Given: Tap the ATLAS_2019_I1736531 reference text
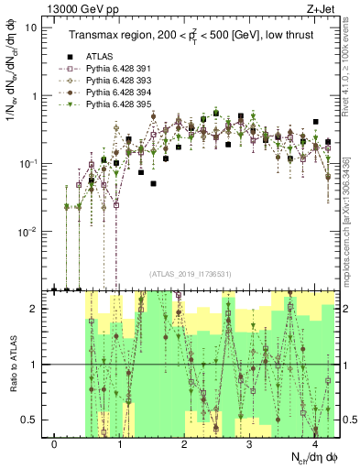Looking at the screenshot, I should click(191, 272).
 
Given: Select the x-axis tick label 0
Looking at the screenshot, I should click(55, 444).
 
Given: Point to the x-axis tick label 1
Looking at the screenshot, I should click(120, 444).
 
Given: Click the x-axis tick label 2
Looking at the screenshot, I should click(185, 444).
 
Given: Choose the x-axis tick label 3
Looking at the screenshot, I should click(250, 444).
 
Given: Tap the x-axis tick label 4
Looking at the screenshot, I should click(314, 444).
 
